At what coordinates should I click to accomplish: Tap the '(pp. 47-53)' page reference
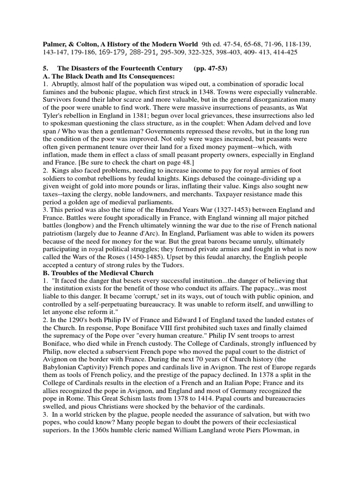click(210, 68)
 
